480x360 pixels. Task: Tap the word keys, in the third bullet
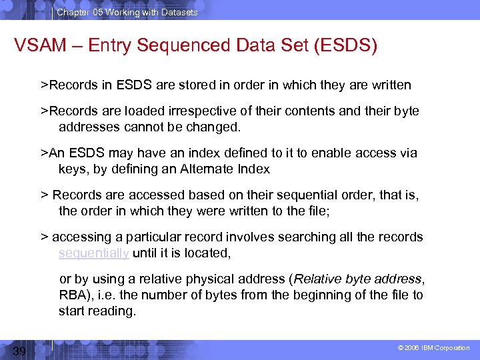[73, 169]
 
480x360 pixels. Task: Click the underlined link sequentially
[93, 253]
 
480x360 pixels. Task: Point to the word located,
[207, 253]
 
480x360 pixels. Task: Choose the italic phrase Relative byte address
[358, 279]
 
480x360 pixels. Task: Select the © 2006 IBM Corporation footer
[434, 348]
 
